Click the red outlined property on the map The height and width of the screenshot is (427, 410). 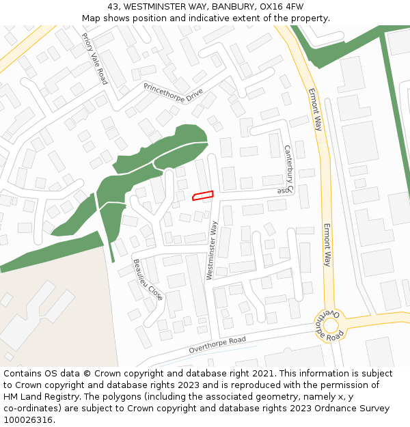click(x=202, y=195)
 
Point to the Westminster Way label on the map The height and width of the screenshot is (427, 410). click(x=213, y=250)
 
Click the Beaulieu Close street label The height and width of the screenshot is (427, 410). click(x=148, y=280)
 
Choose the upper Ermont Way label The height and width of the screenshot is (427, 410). click(x=315, y=109)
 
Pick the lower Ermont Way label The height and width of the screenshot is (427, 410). click(x=327, y=245)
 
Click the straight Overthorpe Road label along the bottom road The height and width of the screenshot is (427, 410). click(x=217, y=345)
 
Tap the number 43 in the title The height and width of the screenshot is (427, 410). click(x=113, y=6)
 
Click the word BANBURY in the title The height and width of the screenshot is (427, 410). click(x=234, y=6)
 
